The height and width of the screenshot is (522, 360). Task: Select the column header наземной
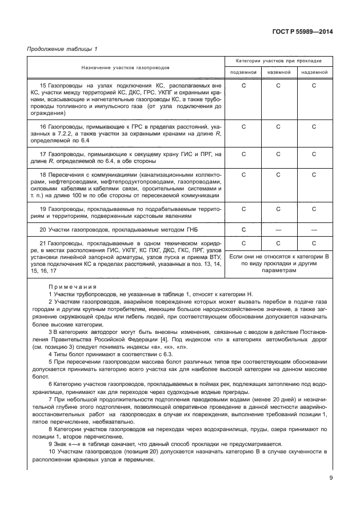278,73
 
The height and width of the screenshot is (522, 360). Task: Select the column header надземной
314,73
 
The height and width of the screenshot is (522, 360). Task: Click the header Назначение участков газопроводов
125,67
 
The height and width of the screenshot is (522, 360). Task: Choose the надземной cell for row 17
314,154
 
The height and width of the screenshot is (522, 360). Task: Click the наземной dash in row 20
278,229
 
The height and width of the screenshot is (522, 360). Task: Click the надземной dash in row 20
314,229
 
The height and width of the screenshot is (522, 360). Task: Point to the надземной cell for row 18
314,174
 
